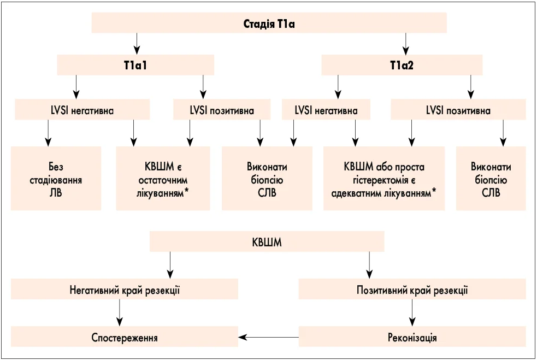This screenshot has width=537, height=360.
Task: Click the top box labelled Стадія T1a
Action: tap(269, 23)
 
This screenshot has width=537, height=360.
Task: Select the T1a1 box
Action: tap(135, 66)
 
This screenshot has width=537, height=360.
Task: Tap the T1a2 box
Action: tap(402, 66)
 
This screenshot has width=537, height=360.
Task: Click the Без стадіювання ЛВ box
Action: tap(56, 179)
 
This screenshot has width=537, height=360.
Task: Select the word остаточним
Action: tap(163, 179)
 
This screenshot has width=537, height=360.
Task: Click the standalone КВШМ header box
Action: tap(267, 242)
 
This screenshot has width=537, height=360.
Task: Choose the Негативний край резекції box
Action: tap(125, 290)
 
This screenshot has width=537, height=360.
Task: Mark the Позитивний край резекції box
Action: tap(412, 290)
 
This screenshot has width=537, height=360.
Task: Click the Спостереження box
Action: tap(125, 337)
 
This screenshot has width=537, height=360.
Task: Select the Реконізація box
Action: tap(412, 337)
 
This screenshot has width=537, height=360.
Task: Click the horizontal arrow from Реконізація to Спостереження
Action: tap(268, 337)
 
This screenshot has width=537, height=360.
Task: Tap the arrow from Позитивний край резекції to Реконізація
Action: tap(412, 313)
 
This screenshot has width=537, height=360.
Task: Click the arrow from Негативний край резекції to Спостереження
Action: tap(119, 313)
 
